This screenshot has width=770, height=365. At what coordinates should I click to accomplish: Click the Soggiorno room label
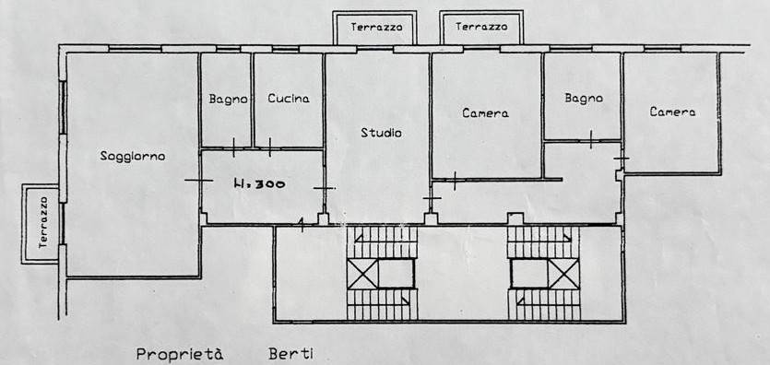133,157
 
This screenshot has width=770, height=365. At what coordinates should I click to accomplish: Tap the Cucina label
289,99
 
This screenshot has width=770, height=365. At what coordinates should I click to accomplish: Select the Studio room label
381,133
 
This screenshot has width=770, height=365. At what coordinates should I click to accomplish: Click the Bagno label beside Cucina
228,100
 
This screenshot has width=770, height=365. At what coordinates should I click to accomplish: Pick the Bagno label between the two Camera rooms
584,98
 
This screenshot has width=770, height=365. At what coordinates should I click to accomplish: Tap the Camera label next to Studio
485,113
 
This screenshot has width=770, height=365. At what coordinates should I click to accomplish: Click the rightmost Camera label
672,112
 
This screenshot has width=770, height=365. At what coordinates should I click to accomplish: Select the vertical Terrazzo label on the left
43,222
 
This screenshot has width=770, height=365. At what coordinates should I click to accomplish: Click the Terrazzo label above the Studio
376,27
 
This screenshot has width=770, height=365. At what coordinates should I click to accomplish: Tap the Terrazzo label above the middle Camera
481,27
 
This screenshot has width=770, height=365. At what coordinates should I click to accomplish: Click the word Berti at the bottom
291,354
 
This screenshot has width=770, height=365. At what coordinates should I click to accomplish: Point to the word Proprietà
180,354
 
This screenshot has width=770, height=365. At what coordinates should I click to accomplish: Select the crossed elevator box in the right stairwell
563,274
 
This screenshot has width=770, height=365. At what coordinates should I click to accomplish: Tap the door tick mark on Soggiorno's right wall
199,181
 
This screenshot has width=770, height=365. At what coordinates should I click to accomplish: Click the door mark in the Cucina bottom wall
270,147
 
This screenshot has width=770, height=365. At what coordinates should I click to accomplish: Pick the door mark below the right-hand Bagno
591,139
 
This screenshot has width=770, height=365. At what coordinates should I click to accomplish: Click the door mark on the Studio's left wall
324,187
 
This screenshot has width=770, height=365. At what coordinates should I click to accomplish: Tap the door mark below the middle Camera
455,181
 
